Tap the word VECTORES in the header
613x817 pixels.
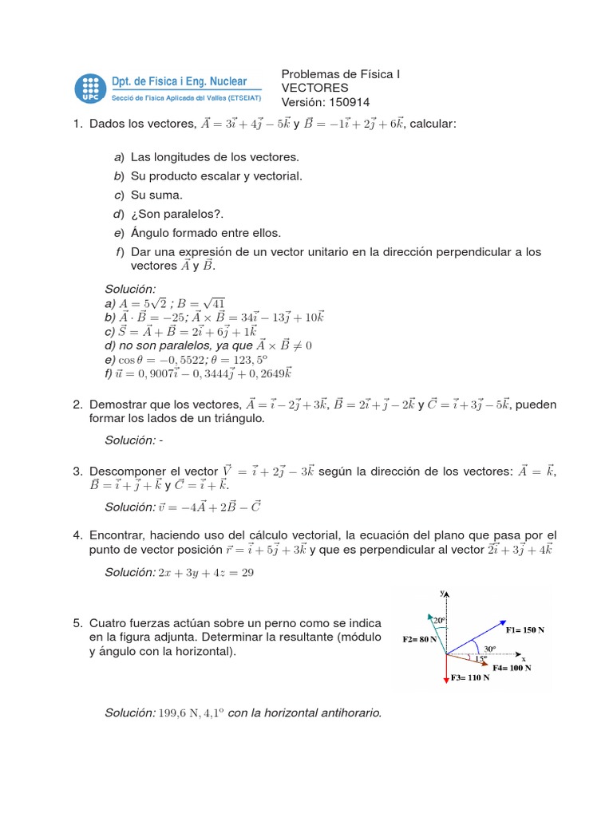(315, 88)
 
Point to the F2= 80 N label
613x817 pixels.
(419, 639)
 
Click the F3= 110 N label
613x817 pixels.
(470, 677)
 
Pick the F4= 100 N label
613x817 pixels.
(512, 667)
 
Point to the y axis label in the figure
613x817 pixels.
(441, 594)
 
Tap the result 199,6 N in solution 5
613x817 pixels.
(179, 712)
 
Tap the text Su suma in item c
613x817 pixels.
(156, 195)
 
